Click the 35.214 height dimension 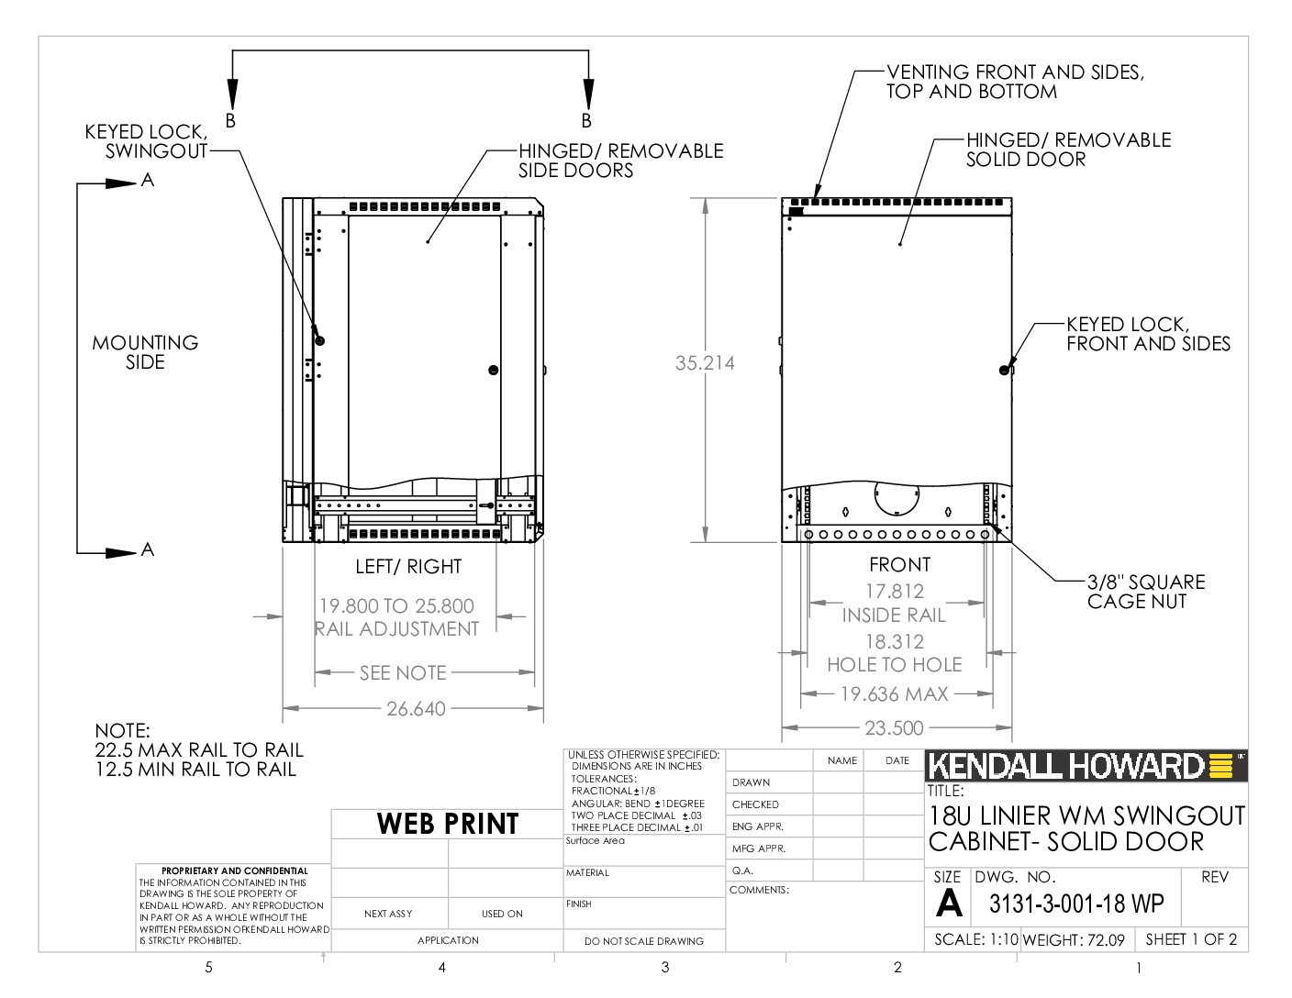[705, 362]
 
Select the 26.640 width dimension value [416, 708]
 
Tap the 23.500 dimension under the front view [894, 727]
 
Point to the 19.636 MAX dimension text [894, 693]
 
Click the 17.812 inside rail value [895, 591]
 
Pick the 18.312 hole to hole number [895, 641]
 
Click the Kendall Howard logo [1086, 766]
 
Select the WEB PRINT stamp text [448, 823]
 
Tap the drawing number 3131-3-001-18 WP [1076, 904]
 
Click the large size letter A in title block [948, 904]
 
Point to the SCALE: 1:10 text [976, 939]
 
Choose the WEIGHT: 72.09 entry [1074, 940]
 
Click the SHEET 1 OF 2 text [1191, 939]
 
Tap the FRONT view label [899, 564]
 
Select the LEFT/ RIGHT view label [408, 567]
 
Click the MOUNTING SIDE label [145, 352]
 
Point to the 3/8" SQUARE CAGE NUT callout [1146, 592]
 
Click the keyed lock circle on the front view [1004, 371]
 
